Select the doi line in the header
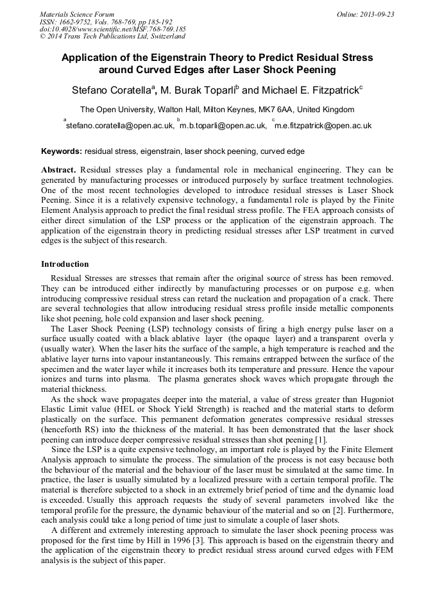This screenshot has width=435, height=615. coord(113,29)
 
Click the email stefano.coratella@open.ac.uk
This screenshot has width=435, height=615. coord(120,126)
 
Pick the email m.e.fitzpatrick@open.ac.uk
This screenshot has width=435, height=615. coord(323,126)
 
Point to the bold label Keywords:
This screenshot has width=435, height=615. coord(62,152)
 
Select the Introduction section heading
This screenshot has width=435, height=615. coord(65,264)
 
